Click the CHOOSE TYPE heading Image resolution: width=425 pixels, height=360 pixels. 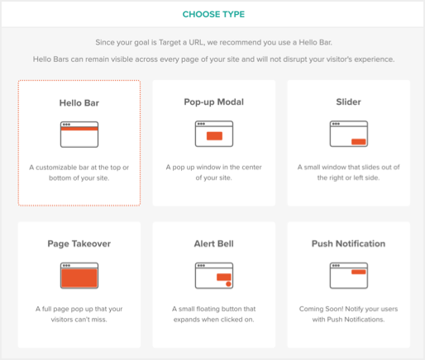tap(213, 14)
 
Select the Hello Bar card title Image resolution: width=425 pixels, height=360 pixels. tap(79, 103)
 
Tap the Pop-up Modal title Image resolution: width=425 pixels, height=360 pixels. tap(214, 102)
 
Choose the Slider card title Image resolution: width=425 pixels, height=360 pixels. tap(348, 102)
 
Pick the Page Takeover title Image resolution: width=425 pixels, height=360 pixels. tap(79, 244)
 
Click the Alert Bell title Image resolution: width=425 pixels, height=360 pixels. tap(214, 244)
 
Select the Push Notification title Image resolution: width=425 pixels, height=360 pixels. tap(348, 244)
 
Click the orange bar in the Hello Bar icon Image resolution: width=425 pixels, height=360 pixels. tap(79, 129)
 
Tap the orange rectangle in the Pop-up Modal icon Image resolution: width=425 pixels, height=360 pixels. tap(214, 136)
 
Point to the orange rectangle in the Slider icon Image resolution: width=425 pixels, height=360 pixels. tap(359, 142)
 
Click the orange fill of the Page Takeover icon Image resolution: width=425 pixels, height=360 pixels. tap(79, 278)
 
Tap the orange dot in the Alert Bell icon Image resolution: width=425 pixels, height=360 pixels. tap(228, 284)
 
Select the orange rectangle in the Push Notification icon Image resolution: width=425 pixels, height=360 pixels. tap(359, 272)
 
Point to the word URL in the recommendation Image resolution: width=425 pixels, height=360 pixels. tap(197, 42)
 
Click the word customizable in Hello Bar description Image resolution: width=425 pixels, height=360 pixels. tap(56, 168)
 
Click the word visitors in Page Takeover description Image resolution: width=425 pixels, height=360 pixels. tap(60, 320)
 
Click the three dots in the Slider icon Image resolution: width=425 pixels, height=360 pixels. tap(336, 124)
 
